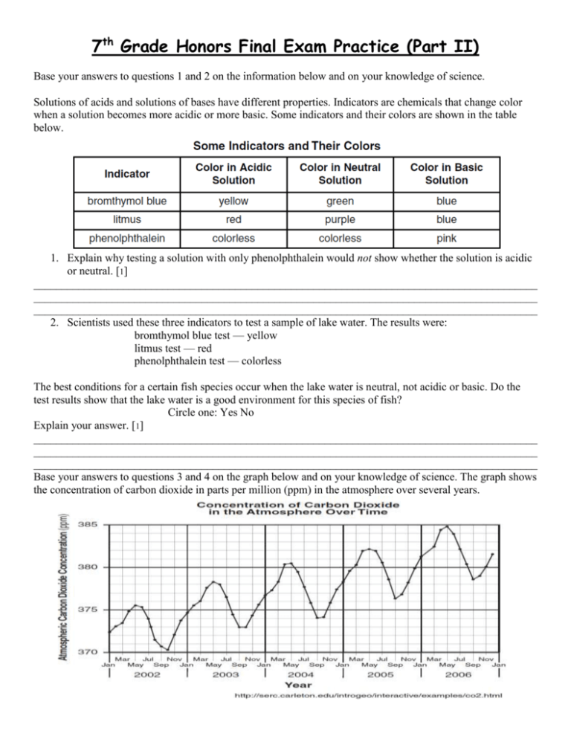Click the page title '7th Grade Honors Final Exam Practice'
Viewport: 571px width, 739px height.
pyautogui.click(x=285, y=48)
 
